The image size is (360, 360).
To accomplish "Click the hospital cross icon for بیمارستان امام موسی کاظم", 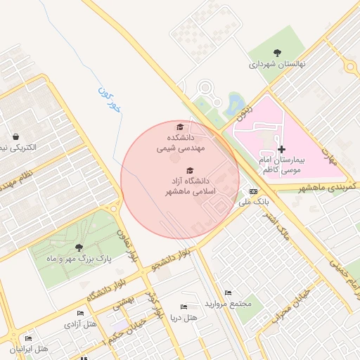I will click(x=282, y=149).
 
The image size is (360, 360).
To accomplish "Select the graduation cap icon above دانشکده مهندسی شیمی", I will click(x=180, y=127).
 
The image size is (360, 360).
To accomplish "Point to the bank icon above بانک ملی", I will click(x=253, y=191).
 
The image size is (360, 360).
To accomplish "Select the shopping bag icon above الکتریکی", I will click(x=15, y=136).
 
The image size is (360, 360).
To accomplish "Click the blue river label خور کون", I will click(x=110, y=99).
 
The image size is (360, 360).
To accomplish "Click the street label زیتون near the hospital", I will click(x=242, y=115).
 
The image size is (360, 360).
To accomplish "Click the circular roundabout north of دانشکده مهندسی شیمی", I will click(x=205, y=89).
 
